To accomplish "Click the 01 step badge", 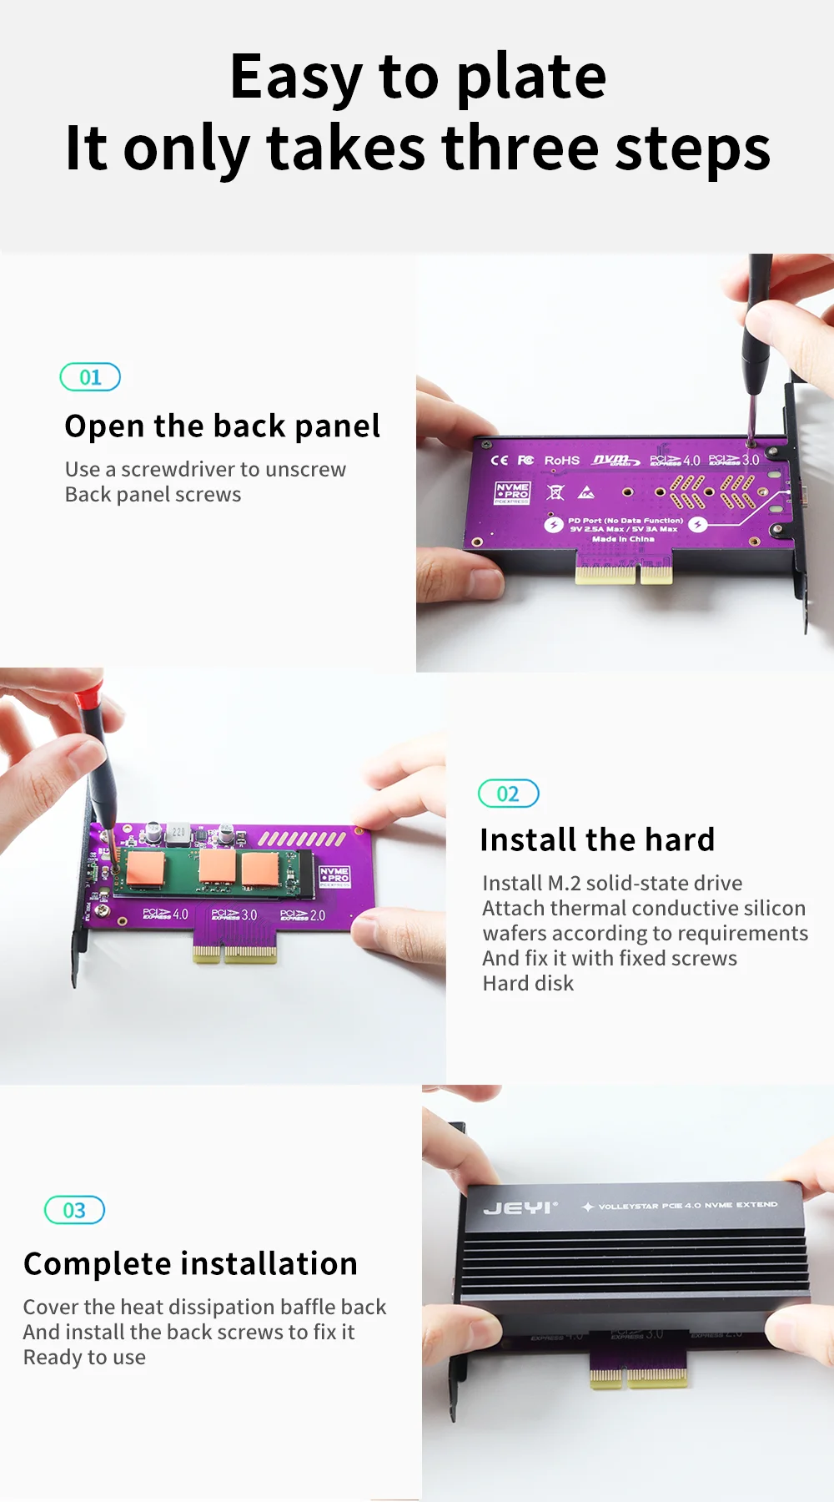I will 90,377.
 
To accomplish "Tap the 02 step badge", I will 508,794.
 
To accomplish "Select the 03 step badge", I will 74,1210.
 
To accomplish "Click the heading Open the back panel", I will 222,426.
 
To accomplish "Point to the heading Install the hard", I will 597,839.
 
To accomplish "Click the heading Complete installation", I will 190,1263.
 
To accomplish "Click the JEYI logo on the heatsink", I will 519,1208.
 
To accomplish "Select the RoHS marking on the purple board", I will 561,461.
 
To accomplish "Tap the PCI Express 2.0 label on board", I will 303,915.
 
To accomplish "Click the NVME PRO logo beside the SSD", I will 334,875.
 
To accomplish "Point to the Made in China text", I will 623,539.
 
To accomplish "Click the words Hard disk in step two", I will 528,983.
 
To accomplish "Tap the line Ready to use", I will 84,1358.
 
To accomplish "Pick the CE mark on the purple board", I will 499,461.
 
